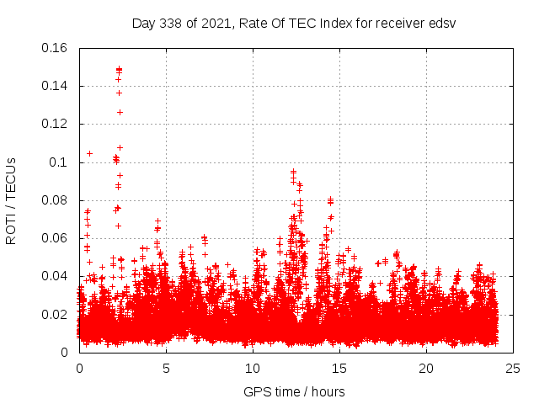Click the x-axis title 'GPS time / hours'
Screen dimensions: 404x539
click(x=294, y=391)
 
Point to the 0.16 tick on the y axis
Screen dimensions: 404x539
click(x=56, y=48)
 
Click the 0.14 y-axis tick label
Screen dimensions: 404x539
click(x=56, y=86)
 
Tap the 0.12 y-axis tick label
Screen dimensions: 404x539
click(x=56, y=124)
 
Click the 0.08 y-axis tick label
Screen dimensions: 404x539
click(x=56, y=200)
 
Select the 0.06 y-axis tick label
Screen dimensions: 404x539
click(x=56, y=238)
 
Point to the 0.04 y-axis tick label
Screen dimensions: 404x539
click(x=56, y=276)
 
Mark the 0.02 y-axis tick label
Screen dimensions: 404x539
click(x=56, y=315)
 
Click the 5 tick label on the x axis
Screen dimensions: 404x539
click(x=166, y=368)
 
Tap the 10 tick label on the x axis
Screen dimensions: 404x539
click(x=253, y=368)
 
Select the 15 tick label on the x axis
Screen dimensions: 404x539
click(x=339, y=368)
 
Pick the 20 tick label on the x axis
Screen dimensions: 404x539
click(x=426, y=368)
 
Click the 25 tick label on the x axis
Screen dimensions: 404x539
click(x=513, y=368)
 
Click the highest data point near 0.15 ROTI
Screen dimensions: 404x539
click(x=119, y=69)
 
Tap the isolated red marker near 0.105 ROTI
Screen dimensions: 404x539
click(x=89, y=153)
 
